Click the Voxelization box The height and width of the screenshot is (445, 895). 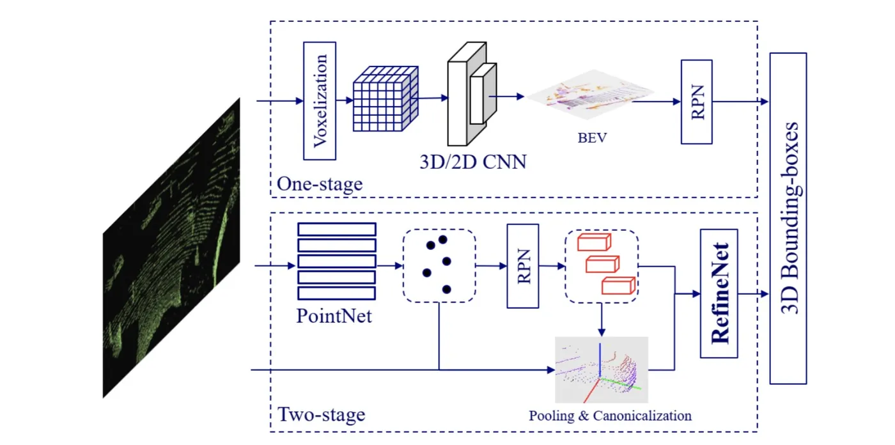click(x=320, y=101)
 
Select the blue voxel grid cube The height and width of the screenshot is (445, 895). click(x=385, y=98)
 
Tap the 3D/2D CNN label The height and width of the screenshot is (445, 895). click(x=473, y=162)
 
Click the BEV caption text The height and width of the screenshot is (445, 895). click(x=592, y=138)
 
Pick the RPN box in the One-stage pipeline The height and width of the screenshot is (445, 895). click(x=696, y=102)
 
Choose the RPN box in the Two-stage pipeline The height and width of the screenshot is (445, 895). click(x=523, y=266)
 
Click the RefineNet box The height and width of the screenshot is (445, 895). click(x=719, y=293)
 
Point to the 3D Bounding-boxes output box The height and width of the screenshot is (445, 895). click(x=788, y=219)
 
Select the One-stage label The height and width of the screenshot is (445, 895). click(x=320, y=183)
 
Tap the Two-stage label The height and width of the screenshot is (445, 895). click(x=321, y=414)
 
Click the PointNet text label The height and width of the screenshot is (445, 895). click(x=334, y=316)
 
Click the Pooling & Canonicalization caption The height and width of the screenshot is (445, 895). click(x=610, y=416)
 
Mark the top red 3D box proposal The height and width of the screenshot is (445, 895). click(x=594, y=242)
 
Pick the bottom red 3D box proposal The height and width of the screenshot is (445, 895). click(x=619, y=286)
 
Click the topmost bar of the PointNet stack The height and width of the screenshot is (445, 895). click(x=337, y=230)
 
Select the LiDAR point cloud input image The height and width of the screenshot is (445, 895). click(x=171, y=247)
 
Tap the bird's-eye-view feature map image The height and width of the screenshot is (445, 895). click(x=591, y=95)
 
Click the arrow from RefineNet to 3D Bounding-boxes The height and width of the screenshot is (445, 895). click(x=753, y=294)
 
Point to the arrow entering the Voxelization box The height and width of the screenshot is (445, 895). click(x=280, y=101)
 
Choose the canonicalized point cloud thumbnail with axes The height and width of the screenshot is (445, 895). click(x=602, y=370)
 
